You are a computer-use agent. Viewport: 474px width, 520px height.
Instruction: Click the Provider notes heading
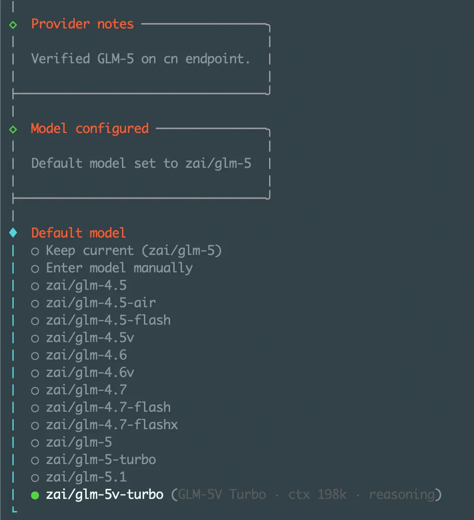[x=82, y=24]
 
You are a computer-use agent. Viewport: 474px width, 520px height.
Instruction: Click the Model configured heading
[x=89, y=128]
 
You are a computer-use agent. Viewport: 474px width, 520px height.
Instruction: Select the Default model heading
[x=78, y=233]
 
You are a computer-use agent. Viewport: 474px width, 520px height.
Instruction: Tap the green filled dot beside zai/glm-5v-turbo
[x=35, y=495]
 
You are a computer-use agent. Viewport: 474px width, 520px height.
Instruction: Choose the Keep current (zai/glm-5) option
[x=134, y=251]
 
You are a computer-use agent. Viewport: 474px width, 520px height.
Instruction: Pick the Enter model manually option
[x=119, y=268]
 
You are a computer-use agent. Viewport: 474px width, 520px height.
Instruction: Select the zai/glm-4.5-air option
[x=100, y=303]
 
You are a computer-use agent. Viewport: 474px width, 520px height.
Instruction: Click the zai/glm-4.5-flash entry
[x=108, y=320]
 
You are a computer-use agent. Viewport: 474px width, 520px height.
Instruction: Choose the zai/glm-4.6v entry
[x=90, y=372]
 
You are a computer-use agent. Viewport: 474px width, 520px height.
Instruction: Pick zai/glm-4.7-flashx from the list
[x=111, y=425]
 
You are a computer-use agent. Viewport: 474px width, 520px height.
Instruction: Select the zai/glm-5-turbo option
[x=100, y=459]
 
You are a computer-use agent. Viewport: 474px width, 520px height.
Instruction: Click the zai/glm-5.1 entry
[x=86, y=477]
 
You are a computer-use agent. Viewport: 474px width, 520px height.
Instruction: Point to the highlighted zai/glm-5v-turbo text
[x=105, y=495]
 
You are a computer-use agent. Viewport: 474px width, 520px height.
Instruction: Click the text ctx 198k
[x=317, y=495]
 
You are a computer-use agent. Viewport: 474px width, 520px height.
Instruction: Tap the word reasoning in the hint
[x=402, y=495]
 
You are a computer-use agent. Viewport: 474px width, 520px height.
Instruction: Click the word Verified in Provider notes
[x=60, y=59]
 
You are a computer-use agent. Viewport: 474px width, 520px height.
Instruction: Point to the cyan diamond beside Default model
[x=13, y=233]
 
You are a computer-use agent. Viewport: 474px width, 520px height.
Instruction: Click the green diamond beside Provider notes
[x=13, y=24]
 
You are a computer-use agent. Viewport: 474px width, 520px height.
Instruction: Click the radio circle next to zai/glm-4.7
[x=35, y=390]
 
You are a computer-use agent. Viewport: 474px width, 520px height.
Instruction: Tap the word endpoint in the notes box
[x=218, y=59]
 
